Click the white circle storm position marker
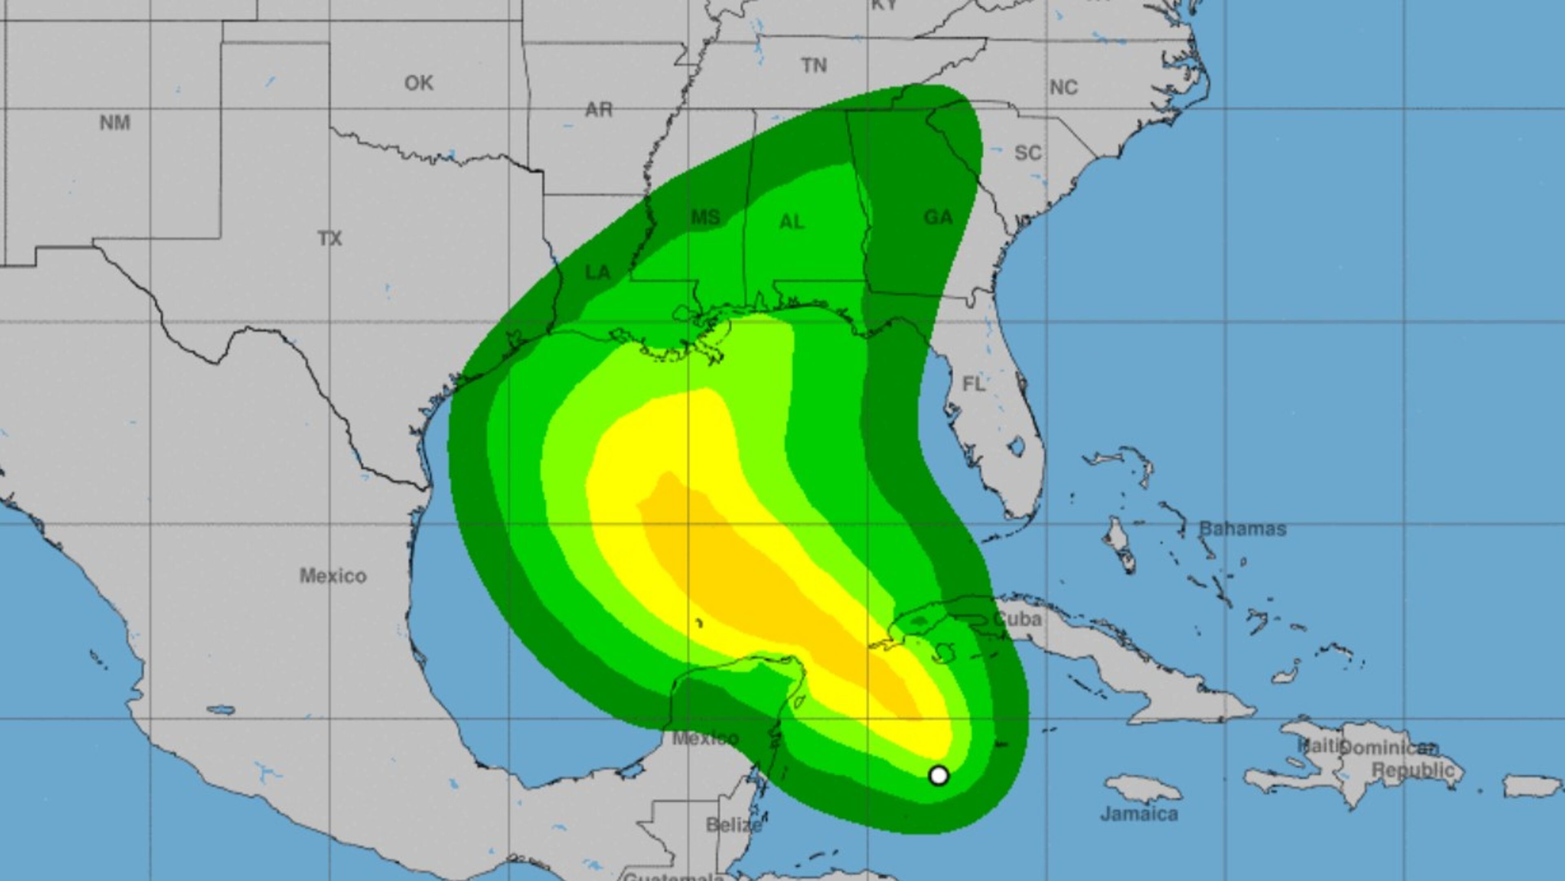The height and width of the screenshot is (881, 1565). click(939, 775)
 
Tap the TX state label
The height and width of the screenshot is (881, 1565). click(330, 238)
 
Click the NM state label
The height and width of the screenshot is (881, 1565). click(115, 123)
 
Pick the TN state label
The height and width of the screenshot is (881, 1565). click(814, 66)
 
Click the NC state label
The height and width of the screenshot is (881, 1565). click(1063, 88)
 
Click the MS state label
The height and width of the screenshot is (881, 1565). click(705, 217)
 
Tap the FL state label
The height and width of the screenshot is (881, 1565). click(974, 384)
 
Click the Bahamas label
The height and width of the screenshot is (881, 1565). click(1242, 529)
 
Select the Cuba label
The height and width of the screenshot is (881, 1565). click(1018, 619)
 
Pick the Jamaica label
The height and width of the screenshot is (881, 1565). click(1139, 814)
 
